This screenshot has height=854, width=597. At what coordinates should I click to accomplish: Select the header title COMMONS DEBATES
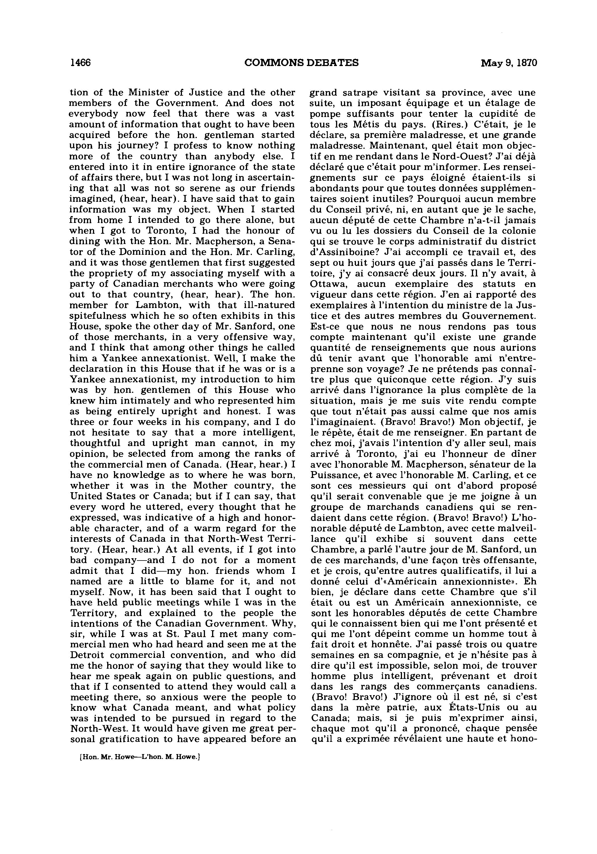[302, 63]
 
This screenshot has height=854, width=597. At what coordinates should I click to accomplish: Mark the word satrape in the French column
[360, 92]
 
